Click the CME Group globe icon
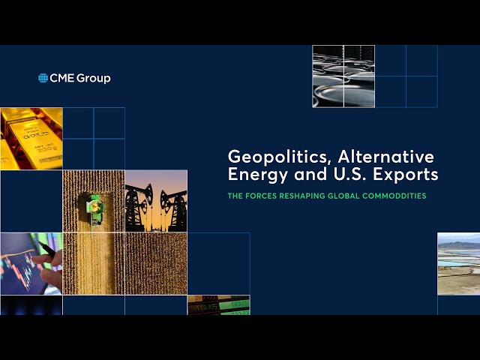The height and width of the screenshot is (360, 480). pyautogui.click(x=43, y=78)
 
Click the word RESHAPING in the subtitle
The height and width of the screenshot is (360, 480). pyautogui.click(x=312, y=196)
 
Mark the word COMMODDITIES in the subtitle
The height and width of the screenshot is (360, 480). pyautogui.click(x=405, y=196)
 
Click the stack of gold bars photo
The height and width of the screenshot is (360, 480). pyautogui.click(x=31, y=138)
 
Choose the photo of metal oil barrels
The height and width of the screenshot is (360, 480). pyautogui.click(x=343, y=76)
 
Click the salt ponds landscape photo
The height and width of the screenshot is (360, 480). pyautogui.click(x=458, y=263)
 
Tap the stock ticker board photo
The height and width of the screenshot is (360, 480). pyautogui.click(x=218, y=305)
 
